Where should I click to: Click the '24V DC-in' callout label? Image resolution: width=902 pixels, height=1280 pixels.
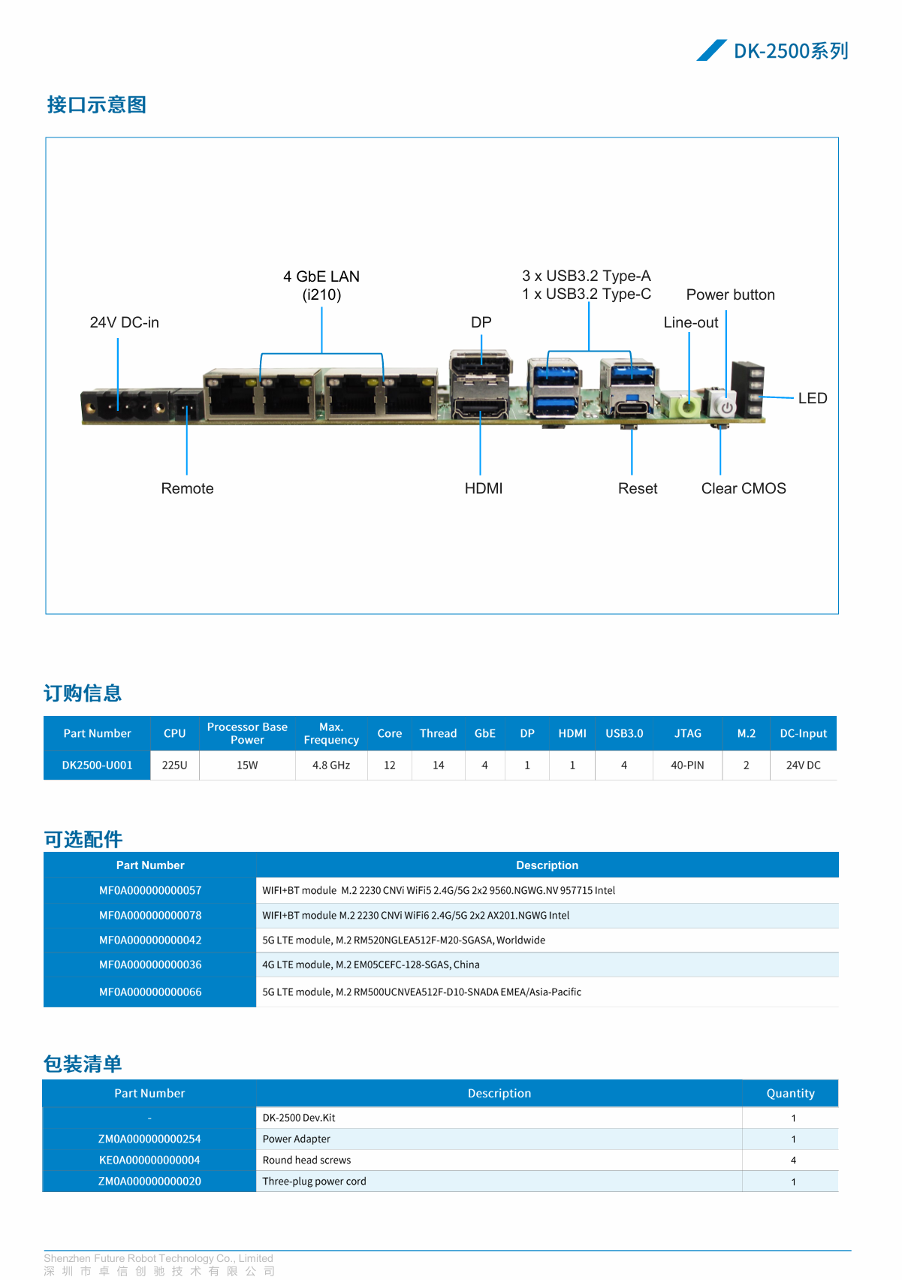pos(124,322)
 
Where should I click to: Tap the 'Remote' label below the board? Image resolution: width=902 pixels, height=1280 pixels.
pos(187,488)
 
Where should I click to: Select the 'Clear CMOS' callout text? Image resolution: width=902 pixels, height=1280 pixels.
pos(743,488)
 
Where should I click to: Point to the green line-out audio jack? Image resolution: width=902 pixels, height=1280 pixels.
pos(688,406)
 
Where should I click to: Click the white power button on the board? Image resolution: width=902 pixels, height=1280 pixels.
pos(726,406)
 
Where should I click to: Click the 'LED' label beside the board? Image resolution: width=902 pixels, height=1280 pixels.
pos(812,398)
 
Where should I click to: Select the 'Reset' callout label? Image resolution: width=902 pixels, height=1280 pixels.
pos(637,488)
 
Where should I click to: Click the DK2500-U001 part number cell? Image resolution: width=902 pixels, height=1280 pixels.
pos(97,765)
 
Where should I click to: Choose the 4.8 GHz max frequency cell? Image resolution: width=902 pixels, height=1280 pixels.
pos(331,765)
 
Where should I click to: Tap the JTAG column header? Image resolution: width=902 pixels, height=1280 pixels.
pos(687,733)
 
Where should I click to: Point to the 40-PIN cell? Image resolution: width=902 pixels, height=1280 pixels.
pos(687,765)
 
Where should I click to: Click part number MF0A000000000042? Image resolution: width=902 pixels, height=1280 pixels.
pos(150,940)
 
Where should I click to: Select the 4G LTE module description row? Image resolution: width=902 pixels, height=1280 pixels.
pos(371,965)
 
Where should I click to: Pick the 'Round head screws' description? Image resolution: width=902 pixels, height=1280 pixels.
pos(306,1160)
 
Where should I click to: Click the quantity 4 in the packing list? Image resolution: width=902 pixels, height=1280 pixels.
pos(793,1161)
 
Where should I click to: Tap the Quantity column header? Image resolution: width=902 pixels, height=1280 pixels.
pos(790,1094)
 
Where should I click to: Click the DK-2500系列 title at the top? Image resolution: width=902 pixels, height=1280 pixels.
pos(790,51)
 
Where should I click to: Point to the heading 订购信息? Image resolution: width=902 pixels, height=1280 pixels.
pos(83,693)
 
